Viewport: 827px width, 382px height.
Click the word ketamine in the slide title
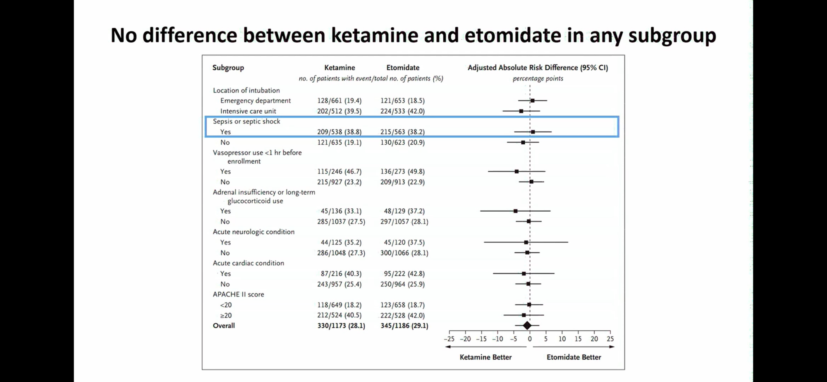[x=375, y=35]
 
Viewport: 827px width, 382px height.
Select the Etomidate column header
[x=403, y=67]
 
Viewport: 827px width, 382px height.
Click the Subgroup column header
[x=228, y=67]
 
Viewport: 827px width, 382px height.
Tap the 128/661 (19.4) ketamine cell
[x=339, y=100]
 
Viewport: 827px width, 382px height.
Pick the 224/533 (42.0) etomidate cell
[x=402, y=111]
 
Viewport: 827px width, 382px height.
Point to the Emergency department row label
[x=255, y=100]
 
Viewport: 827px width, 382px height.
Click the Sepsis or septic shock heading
[x=246, y=121]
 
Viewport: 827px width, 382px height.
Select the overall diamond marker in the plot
[x=527, y=326]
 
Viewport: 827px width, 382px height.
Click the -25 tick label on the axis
[x=449, y=339]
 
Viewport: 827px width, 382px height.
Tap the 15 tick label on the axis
[x=578, y=339]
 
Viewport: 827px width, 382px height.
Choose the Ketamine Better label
[x=485, y=357]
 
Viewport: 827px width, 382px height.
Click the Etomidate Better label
[x=574, y=357]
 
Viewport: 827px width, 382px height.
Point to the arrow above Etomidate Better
[x=573, y=347]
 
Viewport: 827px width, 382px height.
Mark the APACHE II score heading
[x=238, y=294]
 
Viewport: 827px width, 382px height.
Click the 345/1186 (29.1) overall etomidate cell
[x=404, y=326]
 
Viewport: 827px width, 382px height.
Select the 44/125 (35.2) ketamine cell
[x=341, y=242]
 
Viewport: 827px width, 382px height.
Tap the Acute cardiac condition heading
[x=248, y=263]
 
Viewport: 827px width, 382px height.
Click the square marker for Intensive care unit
[x=521, y=111]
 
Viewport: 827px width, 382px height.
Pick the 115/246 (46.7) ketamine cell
[x=339, y=171]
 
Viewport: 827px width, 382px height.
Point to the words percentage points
[x=538, y=79]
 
